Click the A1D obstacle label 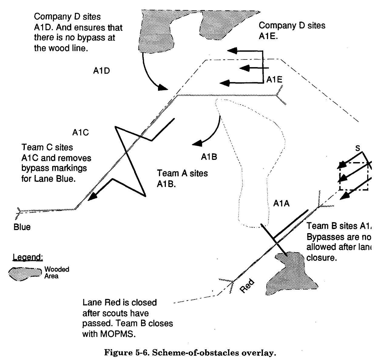[101, 71]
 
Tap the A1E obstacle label [274, 80]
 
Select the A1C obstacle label [80, 133]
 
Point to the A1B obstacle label [209, 157]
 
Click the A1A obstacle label [281, 204]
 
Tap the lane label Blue [22, 227]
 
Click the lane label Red [247, 286]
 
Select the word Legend [28, 257]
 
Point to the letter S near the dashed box [358, 148]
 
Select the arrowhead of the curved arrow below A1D [163, 88]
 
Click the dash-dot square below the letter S [354, 176]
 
